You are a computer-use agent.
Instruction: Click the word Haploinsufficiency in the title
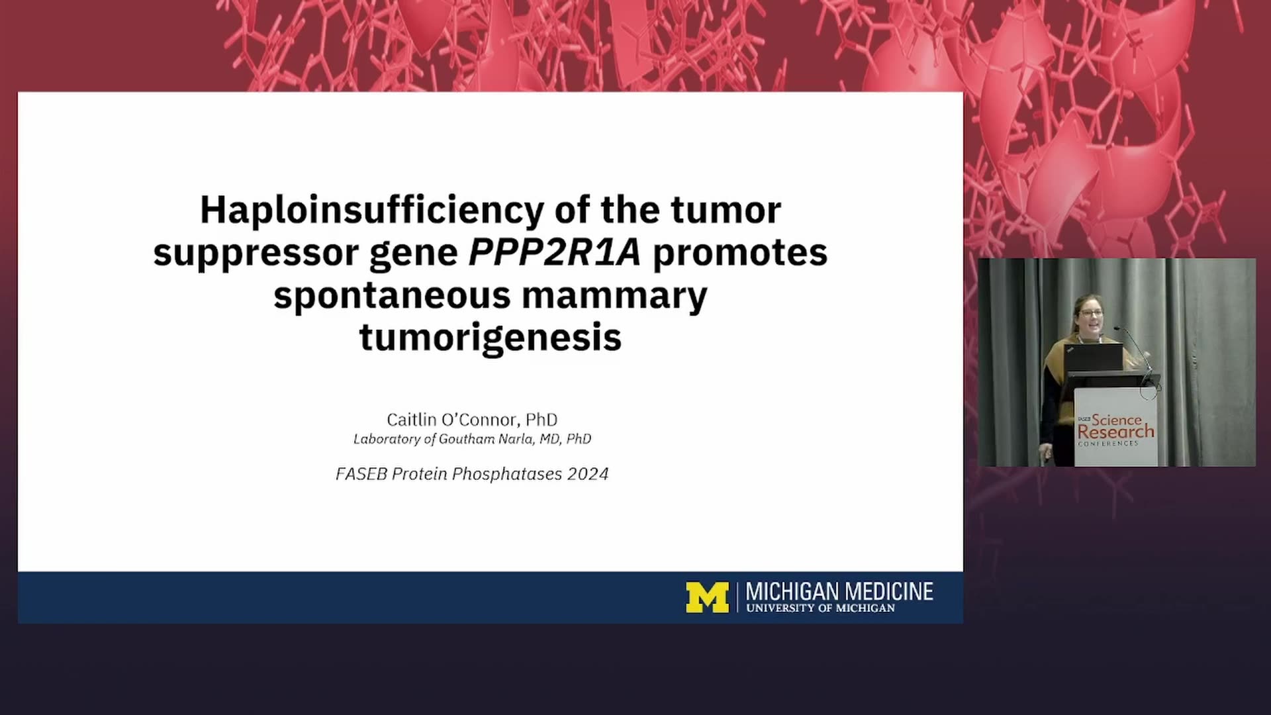371,211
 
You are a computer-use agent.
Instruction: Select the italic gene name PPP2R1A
555,252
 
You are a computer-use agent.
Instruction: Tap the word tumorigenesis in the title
491,338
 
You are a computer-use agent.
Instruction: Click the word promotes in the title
740,253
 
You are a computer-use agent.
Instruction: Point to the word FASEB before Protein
361,474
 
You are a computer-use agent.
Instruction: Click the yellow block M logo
707,597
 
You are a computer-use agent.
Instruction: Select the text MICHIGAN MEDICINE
839,591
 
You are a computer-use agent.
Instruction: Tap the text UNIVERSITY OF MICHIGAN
820,608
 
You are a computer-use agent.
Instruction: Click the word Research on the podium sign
1115,432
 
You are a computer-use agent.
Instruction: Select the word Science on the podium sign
1117,419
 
